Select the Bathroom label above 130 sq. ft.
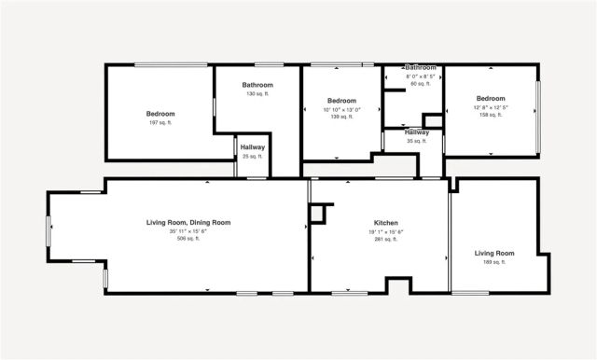click(x=257, y=85)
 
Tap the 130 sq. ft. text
click(x=257, y=94)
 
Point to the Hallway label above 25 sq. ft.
click(x=253, y=147)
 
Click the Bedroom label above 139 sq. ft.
click(x=341, y=101)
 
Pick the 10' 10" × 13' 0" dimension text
click(x=341, y=109)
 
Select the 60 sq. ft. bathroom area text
click(x=421, y=84)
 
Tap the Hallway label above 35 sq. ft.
click(x=417, y=132)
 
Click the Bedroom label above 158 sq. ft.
click(x=490, y=99)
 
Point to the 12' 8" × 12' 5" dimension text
click(x=490, y=108)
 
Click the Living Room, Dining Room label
click(x=188, y=222)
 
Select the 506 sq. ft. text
click(x=188, y=239)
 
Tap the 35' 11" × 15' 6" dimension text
click(x=188, y=231)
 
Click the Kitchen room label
click(x=386, y=223)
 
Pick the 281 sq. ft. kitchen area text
click(x=386, y=239)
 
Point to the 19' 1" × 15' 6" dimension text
click(x=386, y=231)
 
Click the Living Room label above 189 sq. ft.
click(x=494, y=253)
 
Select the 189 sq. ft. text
click(x=494, y=262)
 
